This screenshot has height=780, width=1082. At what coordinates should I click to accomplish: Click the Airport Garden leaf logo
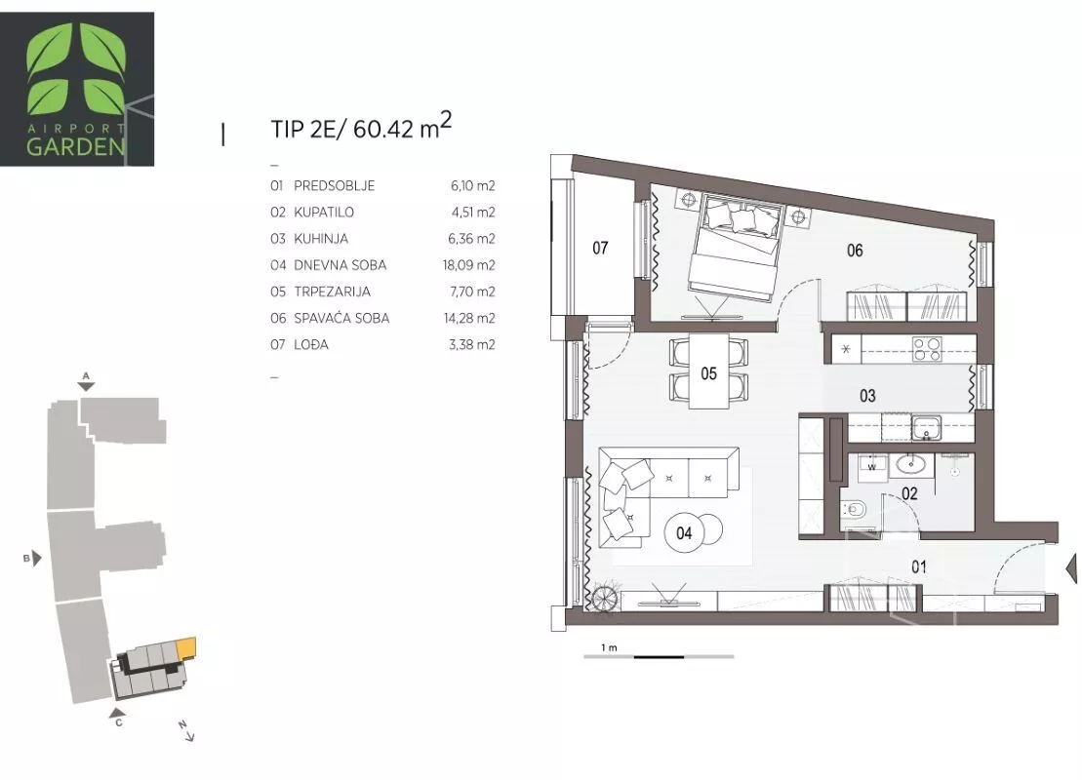77,69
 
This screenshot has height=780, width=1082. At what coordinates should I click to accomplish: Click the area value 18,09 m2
468,265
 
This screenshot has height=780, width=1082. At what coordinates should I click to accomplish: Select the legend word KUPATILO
324,212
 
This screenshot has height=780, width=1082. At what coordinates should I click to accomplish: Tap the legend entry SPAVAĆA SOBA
341,318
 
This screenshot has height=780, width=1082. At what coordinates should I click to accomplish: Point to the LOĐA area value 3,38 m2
472,344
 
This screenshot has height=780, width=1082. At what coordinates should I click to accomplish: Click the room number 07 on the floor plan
600,248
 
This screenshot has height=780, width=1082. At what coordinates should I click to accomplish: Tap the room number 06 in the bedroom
855,251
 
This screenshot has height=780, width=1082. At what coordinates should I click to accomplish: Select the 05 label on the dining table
708,373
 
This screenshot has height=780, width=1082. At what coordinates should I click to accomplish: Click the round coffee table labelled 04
684,533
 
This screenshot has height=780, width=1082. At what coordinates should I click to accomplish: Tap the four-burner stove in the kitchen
927,349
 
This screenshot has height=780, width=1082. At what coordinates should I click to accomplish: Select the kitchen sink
925,428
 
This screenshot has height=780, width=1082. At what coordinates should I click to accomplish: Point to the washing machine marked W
872,466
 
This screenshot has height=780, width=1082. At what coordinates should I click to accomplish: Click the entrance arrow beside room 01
1071,567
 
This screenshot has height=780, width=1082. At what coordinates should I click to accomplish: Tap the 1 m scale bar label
609,647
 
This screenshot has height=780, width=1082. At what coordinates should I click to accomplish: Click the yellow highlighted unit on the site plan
186,647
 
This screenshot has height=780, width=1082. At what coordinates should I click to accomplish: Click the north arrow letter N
182,724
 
